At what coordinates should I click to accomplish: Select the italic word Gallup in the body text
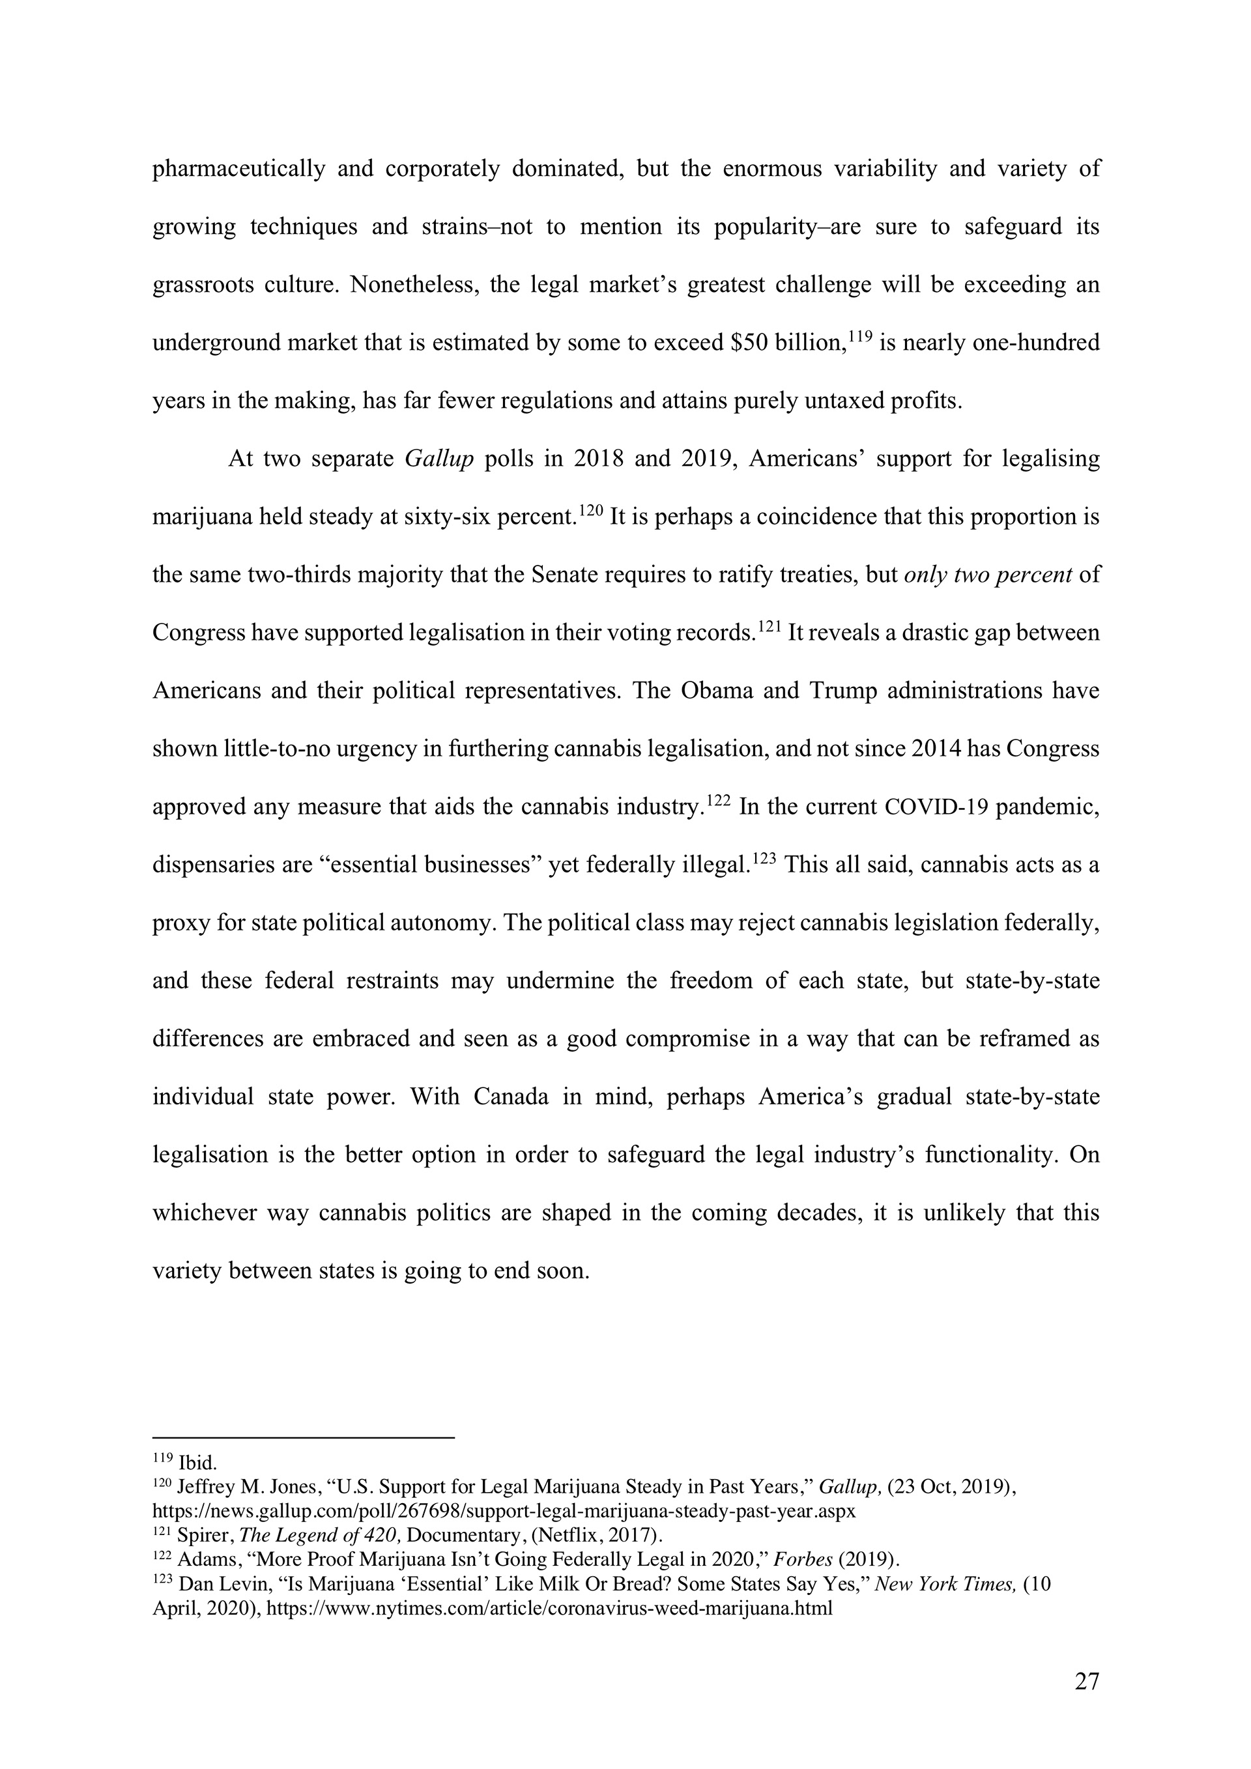pyautogui.click(x=439, y=459)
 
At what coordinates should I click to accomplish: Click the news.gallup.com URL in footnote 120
pyautogui.click(x=504, y=1511)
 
